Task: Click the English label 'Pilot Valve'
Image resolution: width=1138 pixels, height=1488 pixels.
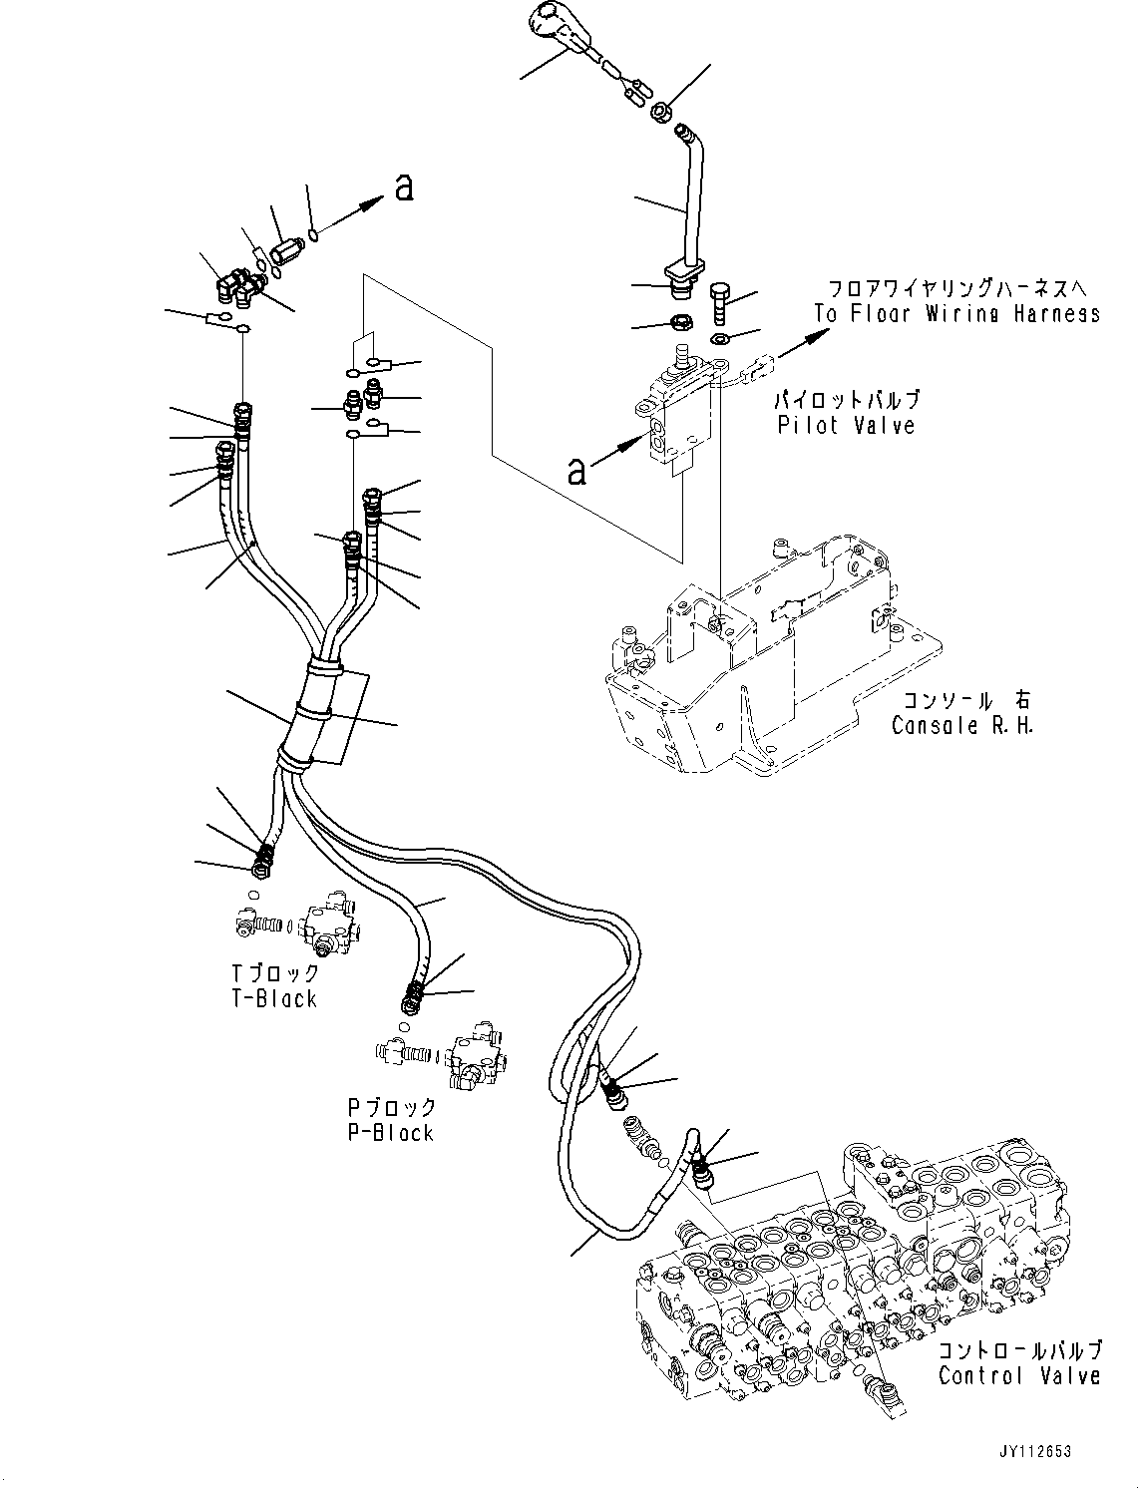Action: coord(846,425)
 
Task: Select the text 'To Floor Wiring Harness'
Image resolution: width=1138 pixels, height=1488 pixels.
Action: coord(956,313)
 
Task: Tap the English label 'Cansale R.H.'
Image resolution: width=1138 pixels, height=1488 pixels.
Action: coord(961,725)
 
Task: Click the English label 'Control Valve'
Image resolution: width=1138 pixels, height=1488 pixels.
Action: coord(1019,1375)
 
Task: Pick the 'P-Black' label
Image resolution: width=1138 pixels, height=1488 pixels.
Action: coord(390,1132)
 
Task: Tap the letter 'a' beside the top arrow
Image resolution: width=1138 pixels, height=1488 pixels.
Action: coord(404,186)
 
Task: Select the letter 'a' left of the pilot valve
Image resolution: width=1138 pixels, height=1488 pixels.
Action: coord(576,470)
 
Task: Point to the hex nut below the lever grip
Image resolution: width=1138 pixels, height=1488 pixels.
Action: coord(659,114)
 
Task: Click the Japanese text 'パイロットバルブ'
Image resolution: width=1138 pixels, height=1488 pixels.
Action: coord(847,400)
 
